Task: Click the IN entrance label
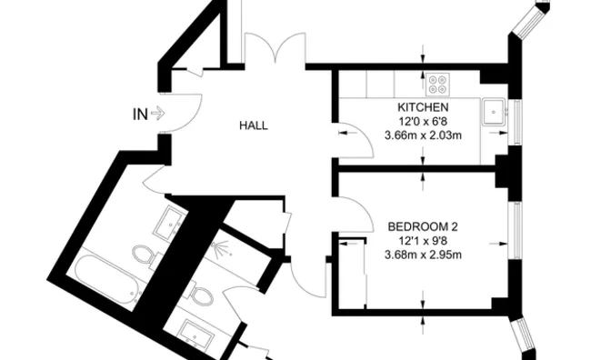(x=139, y=115)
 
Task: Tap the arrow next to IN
(x=157, y=115)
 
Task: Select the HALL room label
(x=254, y=125)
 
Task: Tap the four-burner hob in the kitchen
(x=438, y=85)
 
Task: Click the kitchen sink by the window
(x=495, y=112)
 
